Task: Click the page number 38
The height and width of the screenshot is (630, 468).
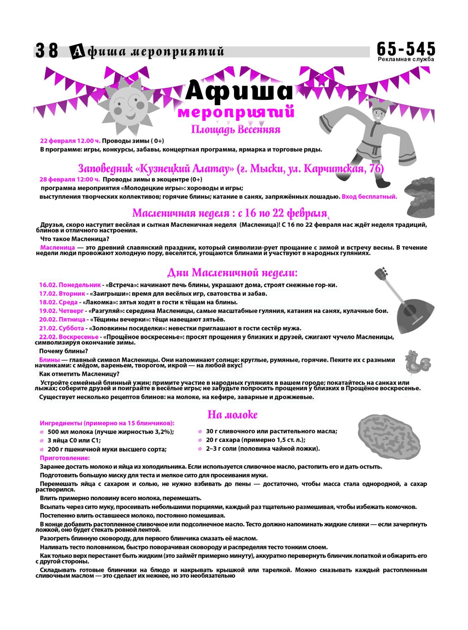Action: click(x=47, y=51)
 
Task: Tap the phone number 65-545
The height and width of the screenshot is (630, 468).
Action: click(x=406, y=49)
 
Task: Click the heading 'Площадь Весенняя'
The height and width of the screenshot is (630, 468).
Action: click(x=236, y=130)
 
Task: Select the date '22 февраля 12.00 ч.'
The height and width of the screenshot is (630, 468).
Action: click(x=70, y=141)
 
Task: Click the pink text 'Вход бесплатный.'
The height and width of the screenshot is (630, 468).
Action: click(x=369, y=197)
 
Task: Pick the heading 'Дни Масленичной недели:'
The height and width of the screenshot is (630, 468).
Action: click(x=232, y=273)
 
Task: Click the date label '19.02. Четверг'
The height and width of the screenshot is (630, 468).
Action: click(x=61, y=311)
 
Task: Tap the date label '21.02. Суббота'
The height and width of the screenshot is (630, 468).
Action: click(x=61, y=328)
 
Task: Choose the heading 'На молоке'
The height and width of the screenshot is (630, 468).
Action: click(x=232, y=414)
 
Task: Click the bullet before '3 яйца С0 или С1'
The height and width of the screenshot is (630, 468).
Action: click(x=42, y=441)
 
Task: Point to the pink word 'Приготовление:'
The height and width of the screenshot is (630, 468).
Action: click(x=65, y=458)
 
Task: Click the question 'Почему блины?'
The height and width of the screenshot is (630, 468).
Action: click(x=64, y=351)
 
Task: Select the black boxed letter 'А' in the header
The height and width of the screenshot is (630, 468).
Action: click(x=77, y=51)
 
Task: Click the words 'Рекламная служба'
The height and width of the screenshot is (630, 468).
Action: click(x=406, y=59)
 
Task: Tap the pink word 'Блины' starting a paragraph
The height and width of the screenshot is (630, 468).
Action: click(x=49, y=360)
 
